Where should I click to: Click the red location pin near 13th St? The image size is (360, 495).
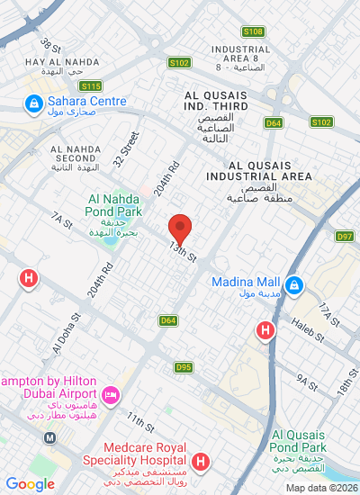pos(181,229)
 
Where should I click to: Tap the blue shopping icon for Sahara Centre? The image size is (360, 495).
pos(33,104)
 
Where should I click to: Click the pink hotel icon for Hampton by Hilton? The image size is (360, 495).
pos(112,395)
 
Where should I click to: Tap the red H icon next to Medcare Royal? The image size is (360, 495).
pos(201,463)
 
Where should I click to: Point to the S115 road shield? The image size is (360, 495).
pos(90,85)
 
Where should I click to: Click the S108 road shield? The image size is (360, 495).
pos(254,31)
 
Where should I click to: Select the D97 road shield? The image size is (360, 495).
pos(345,236)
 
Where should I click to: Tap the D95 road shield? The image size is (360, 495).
pos(184,367)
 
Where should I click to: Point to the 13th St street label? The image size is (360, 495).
pos(182,252)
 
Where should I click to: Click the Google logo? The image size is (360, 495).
pos(30,484)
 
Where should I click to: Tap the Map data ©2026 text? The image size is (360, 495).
pos(321,488)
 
